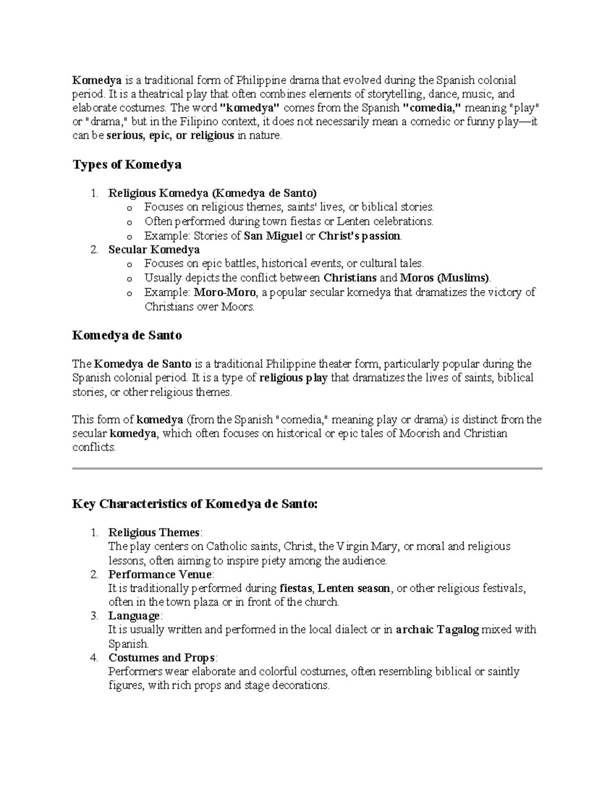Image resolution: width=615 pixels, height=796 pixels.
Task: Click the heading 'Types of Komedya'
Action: (127, 165)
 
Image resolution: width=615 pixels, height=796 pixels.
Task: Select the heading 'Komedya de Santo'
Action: (127, 336)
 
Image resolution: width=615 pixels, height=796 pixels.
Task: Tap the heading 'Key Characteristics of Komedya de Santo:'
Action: (195, 504)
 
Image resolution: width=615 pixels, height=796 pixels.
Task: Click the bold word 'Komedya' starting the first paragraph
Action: (97, 80)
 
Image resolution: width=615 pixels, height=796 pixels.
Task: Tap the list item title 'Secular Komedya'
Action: (154, 250)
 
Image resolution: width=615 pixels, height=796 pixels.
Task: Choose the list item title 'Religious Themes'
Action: (153, 533)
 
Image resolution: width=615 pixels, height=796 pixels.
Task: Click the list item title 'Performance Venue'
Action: (159, 575)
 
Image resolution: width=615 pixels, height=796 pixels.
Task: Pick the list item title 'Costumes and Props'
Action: (162, 658)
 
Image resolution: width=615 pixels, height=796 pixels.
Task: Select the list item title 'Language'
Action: (134, 616)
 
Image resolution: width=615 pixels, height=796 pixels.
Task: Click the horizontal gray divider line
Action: (307, 468)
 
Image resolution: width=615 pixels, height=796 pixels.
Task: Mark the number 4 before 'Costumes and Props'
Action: (94, 658)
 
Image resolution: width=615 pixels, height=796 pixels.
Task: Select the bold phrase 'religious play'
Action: (294, 378)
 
